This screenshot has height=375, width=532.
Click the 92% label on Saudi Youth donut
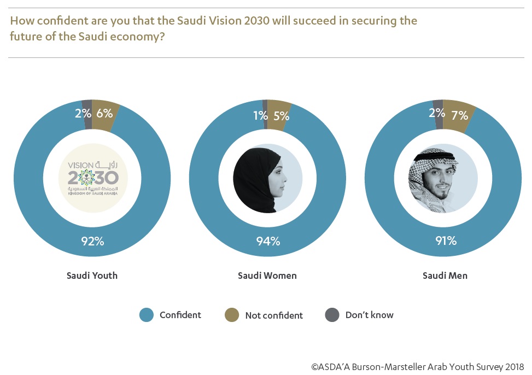[92, 241]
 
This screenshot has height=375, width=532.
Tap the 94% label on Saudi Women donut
[268, 241]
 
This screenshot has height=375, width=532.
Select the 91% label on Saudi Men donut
[444, 241]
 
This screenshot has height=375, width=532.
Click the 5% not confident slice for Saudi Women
[279, 110]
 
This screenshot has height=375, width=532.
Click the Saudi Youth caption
[92, 276]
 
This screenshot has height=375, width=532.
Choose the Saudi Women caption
[267, 276]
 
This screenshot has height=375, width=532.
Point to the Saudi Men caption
[445, 276]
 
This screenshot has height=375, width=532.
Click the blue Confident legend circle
[147, 315]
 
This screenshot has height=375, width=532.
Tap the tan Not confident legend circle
[232, 315]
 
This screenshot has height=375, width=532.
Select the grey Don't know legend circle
[332, 315]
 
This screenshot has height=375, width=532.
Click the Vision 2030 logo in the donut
[92, 177]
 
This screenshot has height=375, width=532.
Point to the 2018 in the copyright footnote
[514, 366]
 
